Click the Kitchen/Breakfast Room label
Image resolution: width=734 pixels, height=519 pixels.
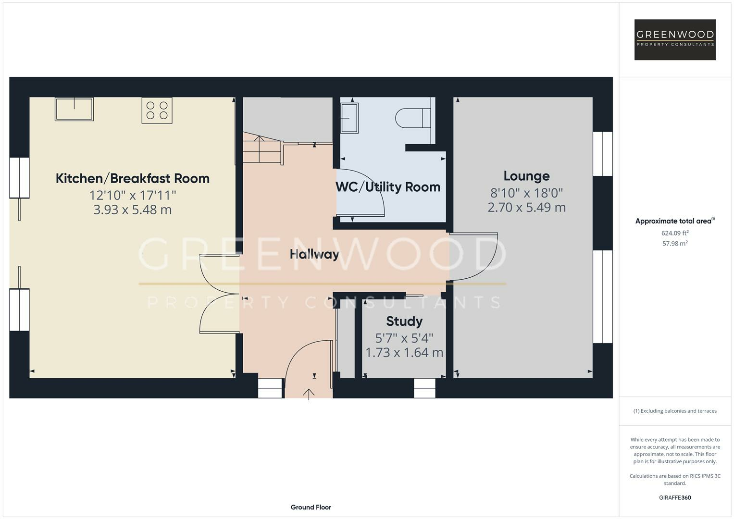pos(133,178)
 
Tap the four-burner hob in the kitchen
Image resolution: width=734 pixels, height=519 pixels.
pos(157,111)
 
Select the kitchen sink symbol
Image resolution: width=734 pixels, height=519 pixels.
pos(74,109)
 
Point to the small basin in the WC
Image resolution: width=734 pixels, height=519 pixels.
pos(349,118)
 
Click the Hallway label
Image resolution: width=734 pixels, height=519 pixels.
pos(314,254)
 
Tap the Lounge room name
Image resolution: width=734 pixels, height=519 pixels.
pos(526,176)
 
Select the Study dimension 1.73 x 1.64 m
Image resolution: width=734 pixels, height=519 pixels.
pos(404,353)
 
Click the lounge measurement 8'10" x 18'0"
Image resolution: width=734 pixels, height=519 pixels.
pos(526,193)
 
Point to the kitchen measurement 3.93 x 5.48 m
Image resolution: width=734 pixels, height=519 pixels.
pos(133,210)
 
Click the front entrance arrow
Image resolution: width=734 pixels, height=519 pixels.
pos(309,394)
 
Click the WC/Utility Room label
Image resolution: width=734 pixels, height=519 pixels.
pos(388,187)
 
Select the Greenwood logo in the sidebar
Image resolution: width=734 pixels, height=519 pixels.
pos(675,39)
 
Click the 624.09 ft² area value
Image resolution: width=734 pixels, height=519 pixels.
pos(675,233)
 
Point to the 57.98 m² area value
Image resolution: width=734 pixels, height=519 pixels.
pos(675,244)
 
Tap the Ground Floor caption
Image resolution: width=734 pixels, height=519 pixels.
pos(311,507)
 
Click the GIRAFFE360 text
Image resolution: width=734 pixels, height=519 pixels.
pos(675,497)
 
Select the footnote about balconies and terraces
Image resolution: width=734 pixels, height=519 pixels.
pos(675,411)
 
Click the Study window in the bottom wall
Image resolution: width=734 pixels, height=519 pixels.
pos(424,388)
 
